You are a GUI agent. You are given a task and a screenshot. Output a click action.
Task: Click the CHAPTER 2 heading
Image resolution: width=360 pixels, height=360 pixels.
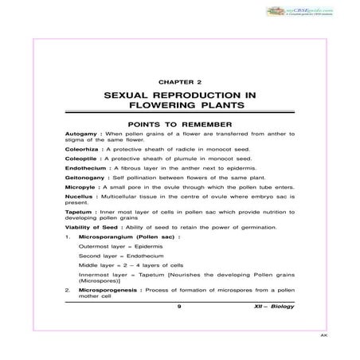(179, 81)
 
